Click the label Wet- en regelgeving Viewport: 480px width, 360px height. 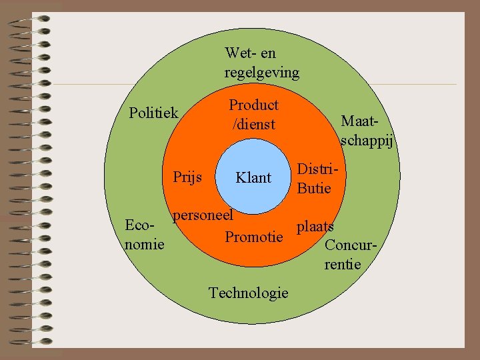point(261,62)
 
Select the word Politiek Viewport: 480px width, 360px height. point(153,113)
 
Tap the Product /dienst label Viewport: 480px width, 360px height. point(253,115)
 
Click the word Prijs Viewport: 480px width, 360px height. point(187,177)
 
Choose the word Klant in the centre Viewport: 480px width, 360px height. point(253,177)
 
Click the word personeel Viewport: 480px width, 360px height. point(203,215)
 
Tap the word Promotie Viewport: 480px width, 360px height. point(253,237)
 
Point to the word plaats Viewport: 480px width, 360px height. point(315,227)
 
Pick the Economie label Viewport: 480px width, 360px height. point(144,235)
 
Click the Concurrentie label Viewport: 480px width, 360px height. point(351,254)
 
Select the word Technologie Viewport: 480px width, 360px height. point(248,293)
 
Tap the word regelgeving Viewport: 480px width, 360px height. point(261,72)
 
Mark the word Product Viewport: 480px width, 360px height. point(253,105)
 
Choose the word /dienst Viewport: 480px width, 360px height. point(253,125)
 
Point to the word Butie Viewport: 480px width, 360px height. point(314,188)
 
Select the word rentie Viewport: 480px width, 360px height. point(343,265)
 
